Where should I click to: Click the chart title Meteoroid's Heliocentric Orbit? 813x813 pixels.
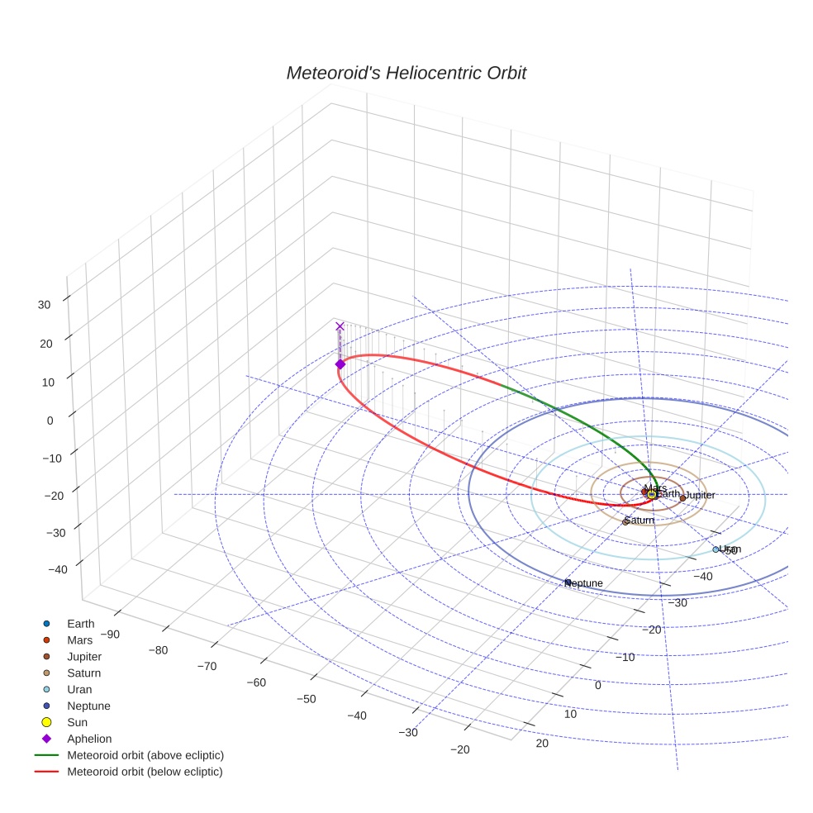coord(406,74)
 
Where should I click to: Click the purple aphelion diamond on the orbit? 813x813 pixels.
coord(340,364)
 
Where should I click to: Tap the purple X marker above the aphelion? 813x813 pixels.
coord(340,326)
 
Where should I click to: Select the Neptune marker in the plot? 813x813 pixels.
coord(568,583)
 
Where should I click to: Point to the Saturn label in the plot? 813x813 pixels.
coord(640,521)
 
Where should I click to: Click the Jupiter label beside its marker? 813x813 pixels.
coord(701,495)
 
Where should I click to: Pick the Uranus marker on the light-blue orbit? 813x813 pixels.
coord(716,549)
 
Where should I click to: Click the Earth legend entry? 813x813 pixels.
coord(80,624)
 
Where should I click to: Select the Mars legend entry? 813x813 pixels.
coord(79,640)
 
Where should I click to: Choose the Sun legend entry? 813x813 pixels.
coord(78,722)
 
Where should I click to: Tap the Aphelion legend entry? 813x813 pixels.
coord(88,739)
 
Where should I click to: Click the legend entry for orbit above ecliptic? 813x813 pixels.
coord(145,755)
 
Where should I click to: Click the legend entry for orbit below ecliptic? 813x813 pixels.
coord(145,772)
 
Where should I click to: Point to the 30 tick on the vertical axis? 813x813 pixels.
coord(44,304)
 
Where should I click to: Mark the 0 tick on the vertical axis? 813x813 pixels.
coord(50,420)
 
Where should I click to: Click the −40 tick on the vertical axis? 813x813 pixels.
coord(58,569)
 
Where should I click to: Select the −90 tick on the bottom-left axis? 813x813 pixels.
coord(107,635)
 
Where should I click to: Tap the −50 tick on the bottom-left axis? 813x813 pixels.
coord(307,699)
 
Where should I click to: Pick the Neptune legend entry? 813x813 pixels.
coord(88,706)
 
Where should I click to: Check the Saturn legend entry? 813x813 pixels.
coord(83,673)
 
